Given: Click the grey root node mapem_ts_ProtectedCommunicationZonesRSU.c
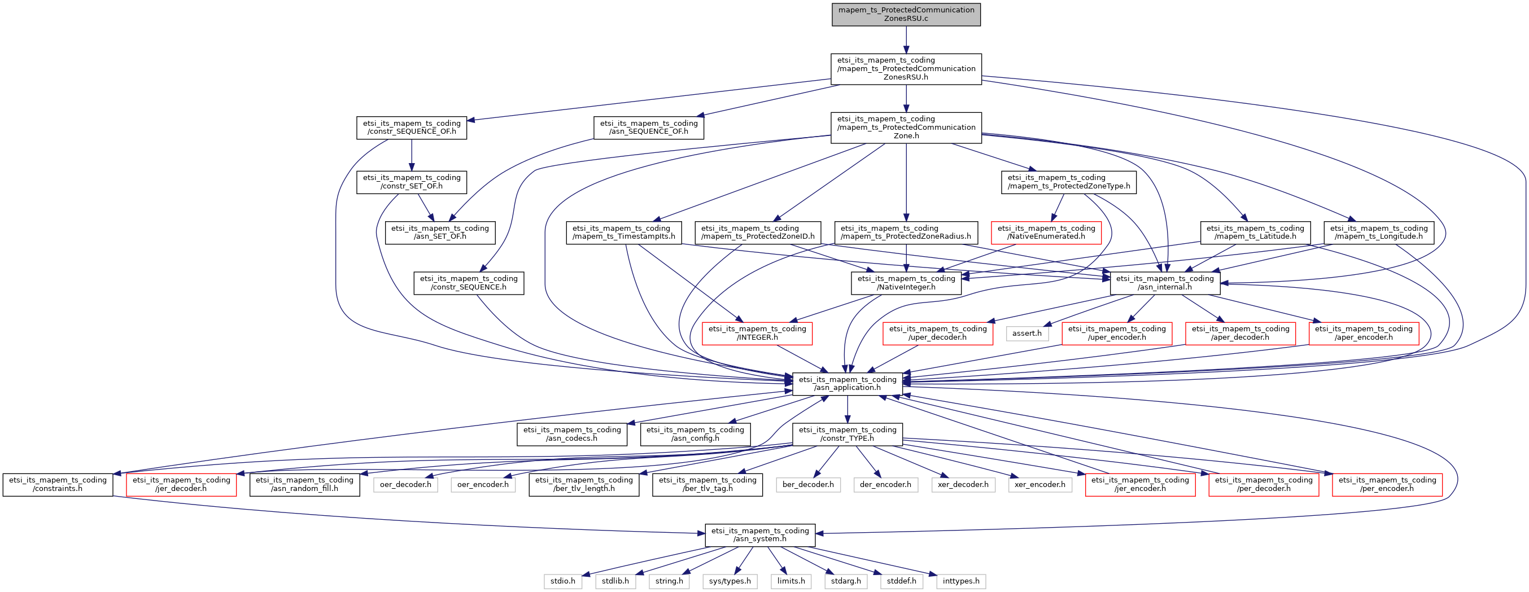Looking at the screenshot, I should tap(906, 14).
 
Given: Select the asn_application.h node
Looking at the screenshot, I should tap(847, 384).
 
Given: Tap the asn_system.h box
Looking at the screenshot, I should tap(760, 535).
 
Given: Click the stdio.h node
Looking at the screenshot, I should tap(563, 581).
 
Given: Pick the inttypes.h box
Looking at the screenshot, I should tap(961, 581).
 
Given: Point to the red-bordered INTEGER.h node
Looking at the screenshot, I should tap(757, 334).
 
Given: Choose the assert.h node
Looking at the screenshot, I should tap(1027, 334).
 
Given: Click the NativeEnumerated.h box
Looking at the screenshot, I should tap(1046, 233).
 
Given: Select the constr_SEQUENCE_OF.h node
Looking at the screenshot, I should tap(412, 128).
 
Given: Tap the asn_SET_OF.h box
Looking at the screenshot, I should tap(440, 233).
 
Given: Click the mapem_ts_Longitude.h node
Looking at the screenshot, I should tap(1378, 233).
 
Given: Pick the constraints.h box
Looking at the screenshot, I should tap(58, 485).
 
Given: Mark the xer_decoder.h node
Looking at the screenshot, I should tap(963, 485).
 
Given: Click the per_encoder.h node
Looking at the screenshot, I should tap(1387, 485).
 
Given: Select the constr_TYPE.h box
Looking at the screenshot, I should tap(847, 434).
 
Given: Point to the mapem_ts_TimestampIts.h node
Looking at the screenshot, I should tap(623, 233).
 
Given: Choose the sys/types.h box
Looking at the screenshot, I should tap(729, 581).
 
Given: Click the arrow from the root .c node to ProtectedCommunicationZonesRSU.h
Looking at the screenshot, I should tap(906, 40).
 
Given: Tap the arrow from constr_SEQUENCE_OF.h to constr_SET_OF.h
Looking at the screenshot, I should tap(412, 155).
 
